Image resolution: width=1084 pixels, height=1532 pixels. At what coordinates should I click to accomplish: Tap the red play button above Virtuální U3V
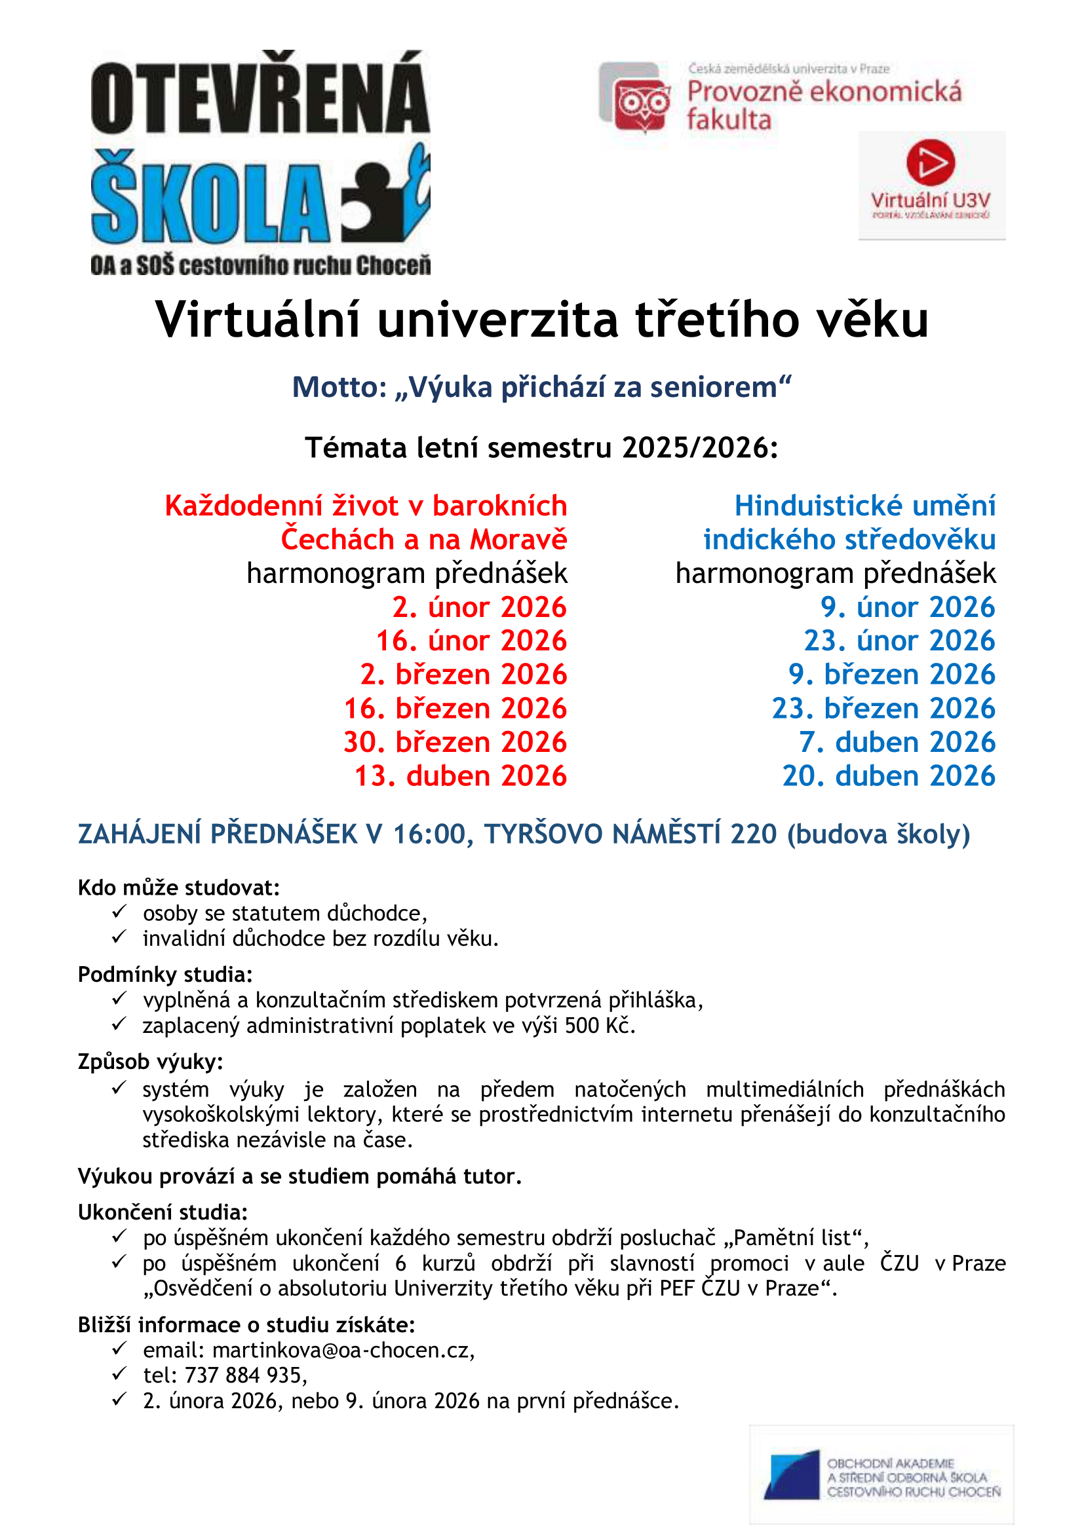coord(931,162)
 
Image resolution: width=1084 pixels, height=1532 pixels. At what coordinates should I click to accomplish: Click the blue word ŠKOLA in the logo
coord(210,199)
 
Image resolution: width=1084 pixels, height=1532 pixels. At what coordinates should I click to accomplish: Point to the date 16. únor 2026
coord(471,641)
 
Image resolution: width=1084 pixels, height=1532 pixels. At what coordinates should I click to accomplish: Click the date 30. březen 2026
coord(455,742)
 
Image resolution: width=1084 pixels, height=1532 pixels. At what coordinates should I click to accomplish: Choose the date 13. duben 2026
coord(461,776)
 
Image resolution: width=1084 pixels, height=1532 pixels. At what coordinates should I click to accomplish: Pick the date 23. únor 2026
coord(899,641)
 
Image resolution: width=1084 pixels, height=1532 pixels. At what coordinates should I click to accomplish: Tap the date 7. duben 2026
coord(897,742)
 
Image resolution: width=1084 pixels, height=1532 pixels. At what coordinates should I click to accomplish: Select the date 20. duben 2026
coord(889,776)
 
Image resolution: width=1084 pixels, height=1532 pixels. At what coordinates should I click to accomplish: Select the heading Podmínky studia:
coord(166,975)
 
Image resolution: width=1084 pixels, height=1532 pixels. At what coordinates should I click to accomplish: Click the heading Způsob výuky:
coord(150,1062)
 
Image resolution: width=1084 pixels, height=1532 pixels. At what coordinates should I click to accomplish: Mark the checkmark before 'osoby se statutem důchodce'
coord(119,912)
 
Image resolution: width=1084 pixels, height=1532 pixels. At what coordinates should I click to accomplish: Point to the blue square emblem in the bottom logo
coord(792,1475)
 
